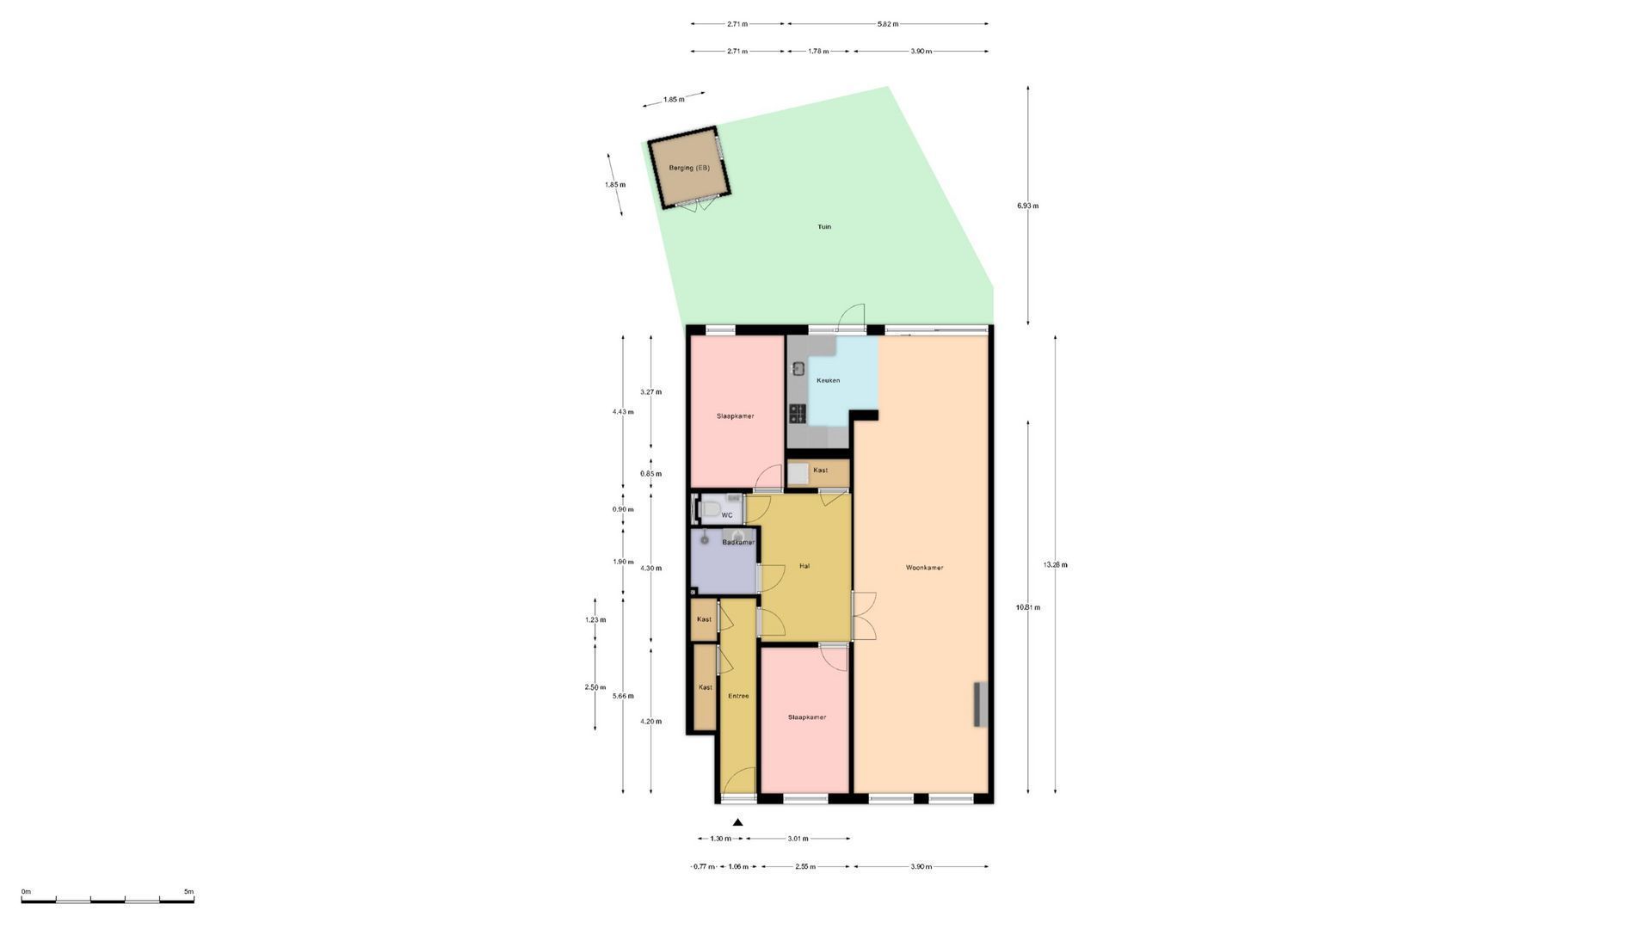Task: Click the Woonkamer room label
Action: tap(924, 568)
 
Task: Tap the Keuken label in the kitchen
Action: tap(828, 380)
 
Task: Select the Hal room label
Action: tap(804, 566)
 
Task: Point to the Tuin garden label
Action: tap(824, 227)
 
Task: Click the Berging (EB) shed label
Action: tap(689, 168)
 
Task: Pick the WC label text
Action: tap(727, 516)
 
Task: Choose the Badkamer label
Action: tap(738, 543)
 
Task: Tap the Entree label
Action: tap(738, 696)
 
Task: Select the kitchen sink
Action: tap(798, 369)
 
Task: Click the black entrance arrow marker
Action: tap(737, 822)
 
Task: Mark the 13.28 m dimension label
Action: tap(1055, 565)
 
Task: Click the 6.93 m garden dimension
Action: tap(1027, 206)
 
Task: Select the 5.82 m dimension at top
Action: tap(887, 24)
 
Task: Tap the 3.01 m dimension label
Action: tap(798, 838)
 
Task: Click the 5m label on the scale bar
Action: tap(188, 892)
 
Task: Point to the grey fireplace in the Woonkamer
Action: tap(980, 704)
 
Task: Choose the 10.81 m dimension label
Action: tap(1027, 607)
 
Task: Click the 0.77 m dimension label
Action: tap(704, 867)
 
